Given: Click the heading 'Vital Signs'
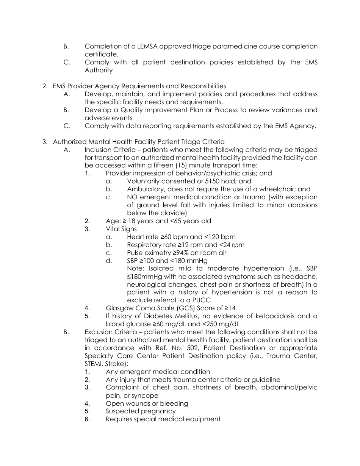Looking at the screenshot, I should (x=121, y=229).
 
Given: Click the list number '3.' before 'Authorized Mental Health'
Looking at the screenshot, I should (x=45, y=142).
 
